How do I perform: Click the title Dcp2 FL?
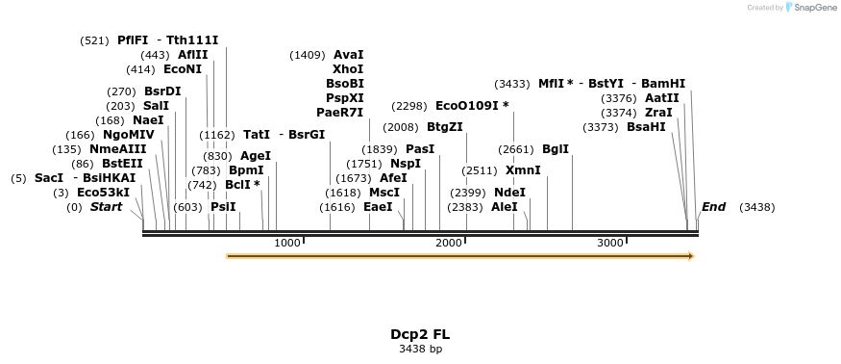point(419,334)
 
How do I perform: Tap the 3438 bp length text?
point(419,349)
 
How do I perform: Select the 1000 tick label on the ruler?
point(287,243)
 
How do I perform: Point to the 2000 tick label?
point(449,243)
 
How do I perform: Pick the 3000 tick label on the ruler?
point(610,243)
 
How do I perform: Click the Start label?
point(112,207)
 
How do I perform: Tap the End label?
point(714,207)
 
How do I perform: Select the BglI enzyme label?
point(556,149)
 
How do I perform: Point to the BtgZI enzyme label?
point(445,127)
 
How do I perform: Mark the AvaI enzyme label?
point(348,55)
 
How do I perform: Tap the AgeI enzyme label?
point(256,156)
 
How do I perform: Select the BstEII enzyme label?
point(122,164)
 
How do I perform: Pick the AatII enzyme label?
point(662,98)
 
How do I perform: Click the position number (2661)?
point(516,149)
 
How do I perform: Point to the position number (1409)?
point(308,55)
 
